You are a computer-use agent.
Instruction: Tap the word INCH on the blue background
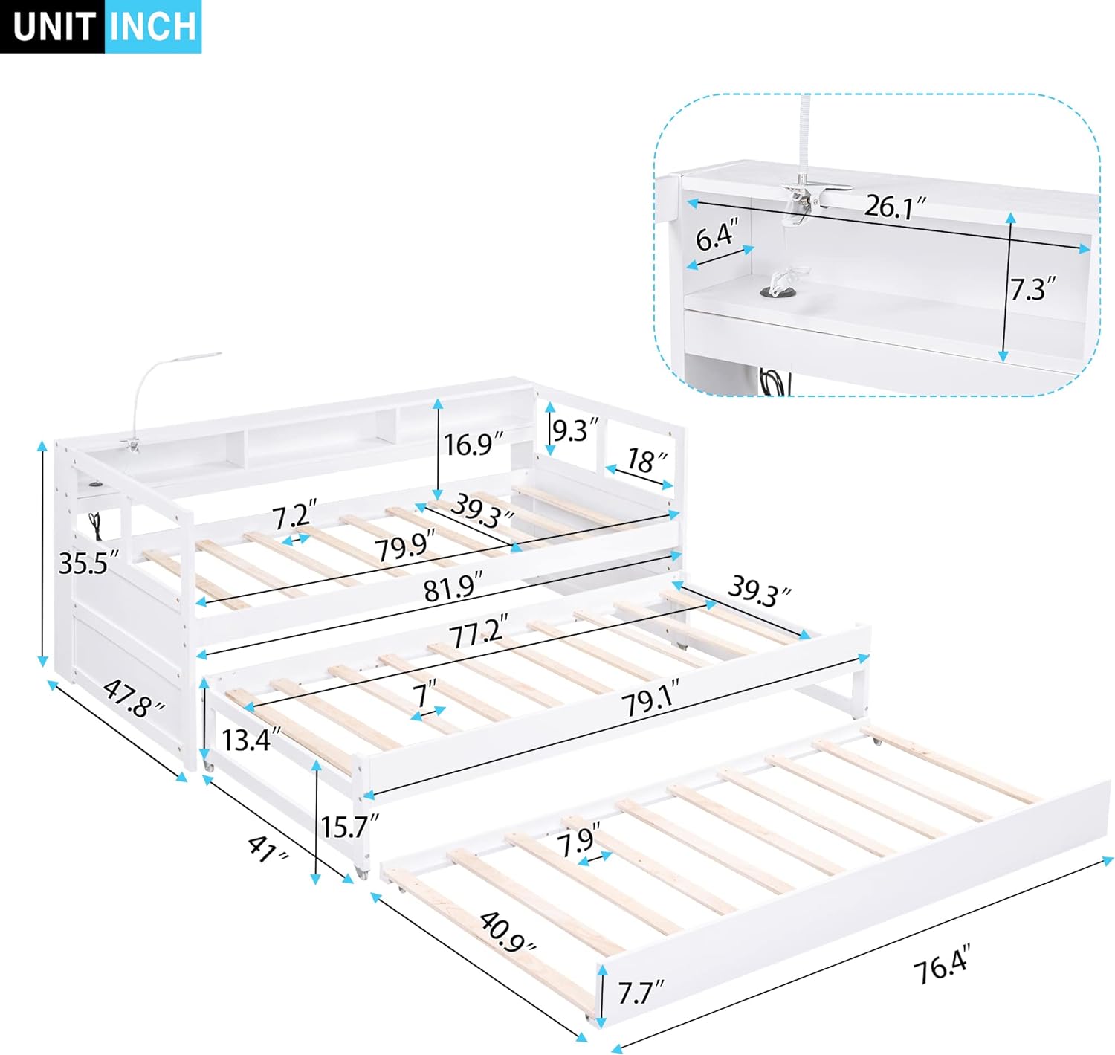152,27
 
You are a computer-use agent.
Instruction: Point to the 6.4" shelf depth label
717,236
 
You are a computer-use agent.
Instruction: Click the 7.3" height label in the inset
1033,288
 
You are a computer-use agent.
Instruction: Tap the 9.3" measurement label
575,430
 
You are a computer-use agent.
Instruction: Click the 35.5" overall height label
88,563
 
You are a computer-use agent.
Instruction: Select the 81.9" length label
452,590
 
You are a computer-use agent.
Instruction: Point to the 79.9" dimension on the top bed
404,549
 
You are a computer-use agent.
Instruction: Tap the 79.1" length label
647,700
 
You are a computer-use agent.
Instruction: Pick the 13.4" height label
252,740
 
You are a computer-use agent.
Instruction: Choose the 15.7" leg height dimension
349,826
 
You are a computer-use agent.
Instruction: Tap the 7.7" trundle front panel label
640,993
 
